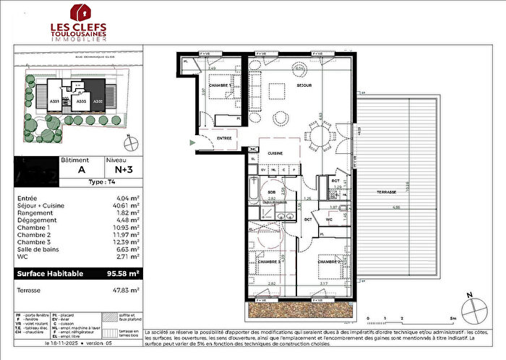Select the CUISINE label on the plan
coord(274,153)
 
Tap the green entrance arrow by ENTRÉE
coord(192,142)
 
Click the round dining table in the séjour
coord(320,136)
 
